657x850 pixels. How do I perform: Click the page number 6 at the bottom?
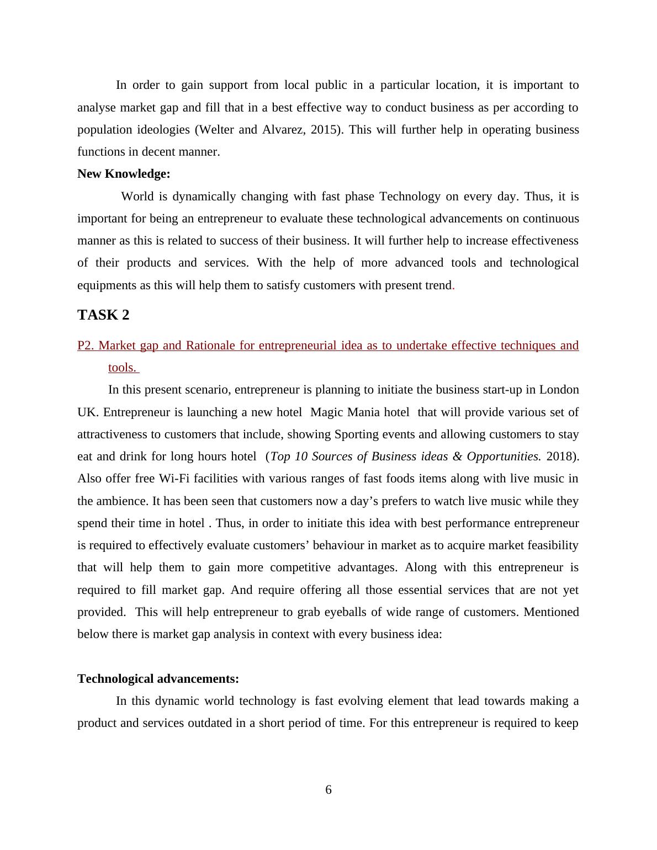tap(328, 790)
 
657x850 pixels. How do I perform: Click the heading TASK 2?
tap(103, 315)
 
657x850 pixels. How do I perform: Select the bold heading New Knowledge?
tap(124, 174)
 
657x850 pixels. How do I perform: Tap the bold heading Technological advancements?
tap(158, 678)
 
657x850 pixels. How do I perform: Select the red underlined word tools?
tap(121, 368)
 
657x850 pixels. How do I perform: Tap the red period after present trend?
tap(453, 286)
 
